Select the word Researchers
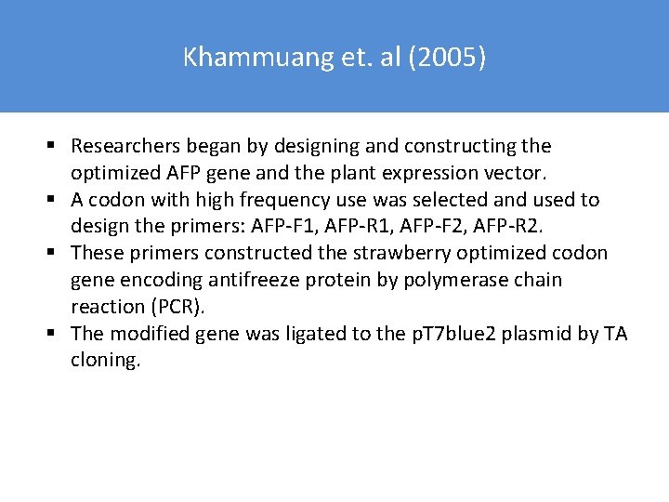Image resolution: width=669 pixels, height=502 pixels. (x=125, y=146)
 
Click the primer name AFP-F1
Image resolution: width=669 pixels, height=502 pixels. (x=285, y=226)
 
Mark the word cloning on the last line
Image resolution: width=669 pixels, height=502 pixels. (x=105, y=361)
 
